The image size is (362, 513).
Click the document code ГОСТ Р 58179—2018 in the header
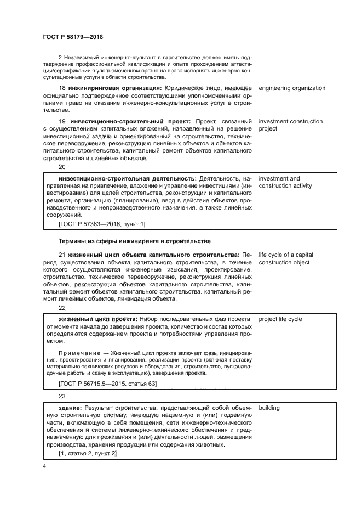[x=72, y=37]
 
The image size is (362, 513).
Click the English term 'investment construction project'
[x=290, y=125]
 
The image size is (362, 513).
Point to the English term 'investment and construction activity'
[x=285, y=182]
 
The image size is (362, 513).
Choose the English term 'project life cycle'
[x=280, y=319]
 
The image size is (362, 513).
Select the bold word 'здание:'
[x=71, y=408]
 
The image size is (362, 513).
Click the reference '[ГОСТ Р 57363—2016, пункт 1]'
[x=102, y=224]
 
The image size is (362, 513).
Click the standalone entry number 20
[x=62, y=167]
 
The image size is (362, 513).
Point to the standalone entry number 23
[x=62, y=397]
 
